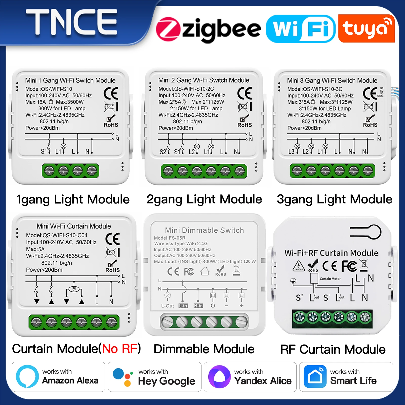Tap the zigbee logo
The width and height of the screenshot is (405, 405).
(208, 29)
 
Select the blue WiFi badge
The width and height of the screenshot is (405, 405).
(301, 29)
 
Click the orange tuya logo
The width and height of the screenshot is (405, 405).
(366, 28)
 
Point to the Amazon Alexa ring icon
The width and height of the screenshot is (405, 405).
(27, 376)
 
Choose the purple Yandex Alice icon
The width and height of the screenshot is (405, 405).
(219, 377)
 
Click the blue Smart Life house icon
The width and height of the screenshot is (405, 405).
(315, 377)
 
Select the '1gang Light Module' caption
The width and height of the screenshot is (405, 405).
(73, 199)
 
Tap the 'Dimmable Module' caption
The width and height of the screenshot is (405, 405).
(204, 349)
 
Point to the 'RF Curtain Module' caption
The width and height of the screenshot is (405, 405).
(333, 349)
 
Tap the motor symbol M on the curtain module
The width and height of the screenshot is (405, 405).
(74, 289)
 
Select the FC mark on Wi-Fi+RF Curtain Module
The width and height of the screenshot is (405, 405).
(349, 266)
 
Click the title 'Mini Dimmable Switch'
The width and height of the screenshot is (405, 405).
(205, 230)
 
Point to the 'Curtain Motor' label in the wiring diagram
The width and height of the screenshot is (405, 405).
(330, 279)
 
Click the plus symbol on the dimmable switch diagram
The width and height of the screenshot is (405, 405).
(241, 306)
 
